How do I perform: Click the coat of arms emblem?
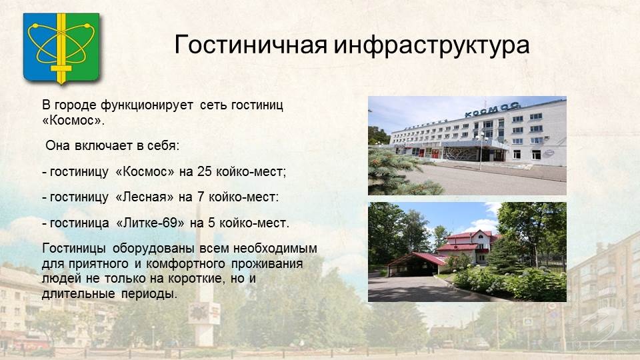61,48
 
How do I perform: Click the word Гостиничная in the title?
251,44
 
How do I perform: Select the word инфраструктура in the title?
432,45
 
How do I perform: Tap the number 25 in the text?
205,171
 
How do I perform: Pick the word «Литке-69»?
150,223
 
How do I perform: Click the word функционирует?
147,105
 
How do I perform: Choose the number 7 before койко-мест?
201,197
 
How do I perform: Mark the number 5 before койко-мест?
211,223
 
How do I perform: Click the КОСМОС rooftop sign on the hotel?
492,109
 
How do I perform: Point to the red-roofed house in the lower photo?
468,246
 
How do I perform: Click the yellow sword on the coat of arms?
61,48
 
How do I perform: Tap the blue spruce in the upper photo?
398,172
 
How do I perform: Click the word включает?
103,145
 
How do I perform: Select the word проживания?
267,264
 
